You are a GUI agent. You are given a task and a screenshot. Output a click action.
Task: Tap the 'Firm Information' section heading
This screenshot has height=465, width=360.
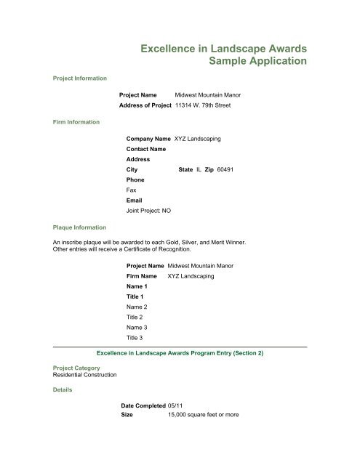pos(73,123)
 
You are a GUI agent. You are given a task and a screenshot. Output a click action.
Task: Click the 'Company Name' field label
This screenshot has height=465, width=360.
pos(148,138)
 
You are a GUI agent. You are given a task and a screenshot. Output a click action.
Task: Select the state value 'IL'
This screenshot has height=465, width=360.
pos(199,169)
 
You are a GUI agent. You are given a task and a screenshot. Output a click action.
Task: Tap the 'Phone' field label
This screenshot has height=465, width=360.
pos(135,179)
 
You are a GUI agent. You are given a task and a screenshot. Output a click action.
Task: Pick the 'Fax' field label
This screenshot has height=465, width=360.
pos(132,190)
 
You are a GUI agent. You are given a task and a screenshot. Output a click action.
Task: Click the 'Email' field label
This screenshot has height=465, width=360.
pos(135,200)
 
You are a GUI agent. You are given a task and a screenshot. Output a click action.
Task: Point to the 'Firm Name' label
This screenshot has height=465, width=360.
pos(142,277)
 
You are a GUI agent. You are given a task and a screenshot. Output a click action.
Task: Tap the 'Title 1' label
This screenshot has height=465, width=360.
pos(136,297)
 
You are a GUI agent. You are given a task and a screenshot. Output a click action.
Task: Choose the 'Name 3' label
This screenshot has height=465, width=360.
pos(137,328)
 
